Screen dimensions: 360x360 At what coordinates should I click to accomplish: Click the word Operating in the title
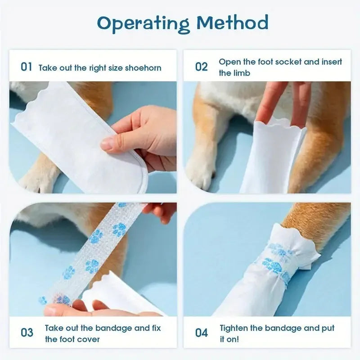point(143,22)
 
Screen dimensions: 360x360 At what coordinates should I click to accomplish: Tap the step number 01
point(27,67)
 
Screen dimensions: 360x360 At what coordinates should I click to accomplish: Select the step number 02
point(201,67)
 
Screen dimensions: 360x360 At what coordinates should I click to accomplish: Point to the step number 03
point(27,333)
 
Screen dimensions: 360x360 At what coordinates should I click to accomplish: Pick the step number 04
point(201,333)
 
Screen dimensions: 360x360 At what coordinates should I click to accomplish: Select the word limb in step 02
point(241,73)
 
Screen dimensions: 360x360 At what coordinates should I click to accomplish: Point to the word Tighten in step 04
point(234,328)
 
